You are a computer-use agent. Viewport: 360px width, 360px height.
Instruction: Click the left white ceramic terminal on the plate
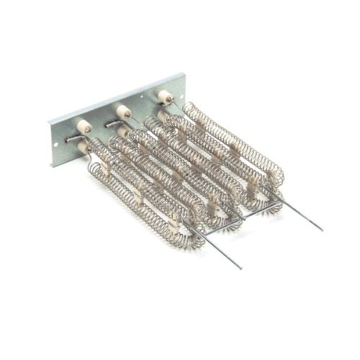point(84,126)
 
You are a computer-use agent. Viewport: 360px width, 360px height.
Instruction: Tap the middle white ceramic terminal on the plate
point(123,111)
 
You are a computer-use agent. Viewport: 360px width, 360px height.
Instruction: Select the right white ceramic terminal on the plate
point(165,96)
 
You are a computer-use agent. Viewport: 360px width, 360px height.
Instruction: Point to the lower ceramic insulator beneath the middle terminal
point(125,132)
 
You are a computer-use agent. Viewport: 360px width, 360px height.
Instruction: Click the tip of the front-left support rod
point(240,268)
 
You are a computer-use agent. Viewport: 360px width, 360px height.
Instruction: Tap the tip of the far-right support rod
point(321,230)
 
